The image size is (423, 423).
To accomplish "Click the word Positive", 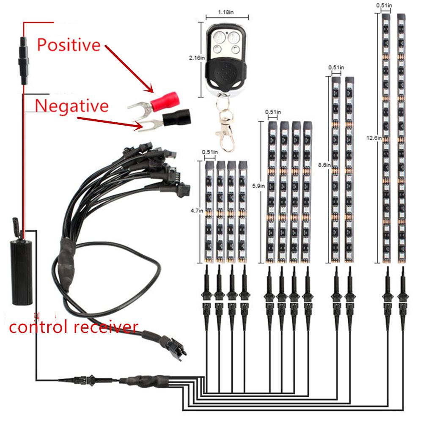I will coord(69,44).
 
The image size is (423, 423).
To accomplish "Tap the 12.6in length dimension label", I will coord(374,137).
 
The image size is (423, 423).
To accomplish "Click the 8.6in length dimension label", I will coord(324,166).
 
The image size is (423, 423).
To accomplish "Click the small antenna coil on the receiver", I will coord(15,224).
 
